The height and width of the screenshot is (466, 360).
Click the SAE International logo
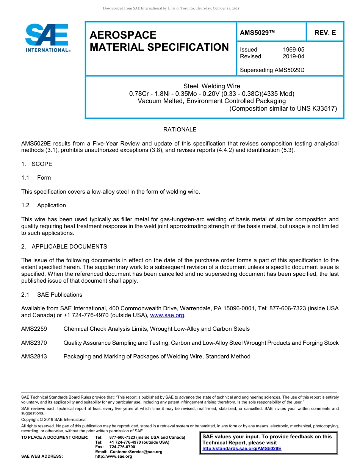coord(47,38)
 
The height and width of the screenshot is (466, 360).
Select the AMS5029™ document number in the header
coord(257,33)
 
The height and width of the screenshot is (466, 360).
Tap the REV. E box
coord(325,33)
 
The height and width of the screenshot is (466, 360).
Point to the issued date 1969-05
coord(293,50)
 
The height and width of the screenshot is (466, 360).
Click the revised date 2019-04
coord(293,56)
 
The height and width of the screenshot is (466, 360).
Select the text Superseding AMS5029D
coord(272,70)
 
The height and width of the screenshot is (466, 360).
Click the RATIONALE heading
coord(180,130)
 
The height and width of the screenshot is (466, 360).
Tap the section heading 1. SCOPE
coord(37,164)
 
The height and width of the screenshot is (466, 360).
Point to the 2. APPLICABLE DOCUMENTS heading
coord(64,247)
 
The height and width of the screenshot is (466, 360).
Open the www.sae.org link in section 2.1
coord(167,315)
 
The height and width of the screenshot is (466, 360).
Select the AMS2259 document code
coord(34,329)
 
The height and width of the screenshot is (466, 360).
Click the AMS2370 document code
coord(34,343)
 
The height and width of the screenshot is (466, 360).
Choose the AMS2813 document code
coord(34,357)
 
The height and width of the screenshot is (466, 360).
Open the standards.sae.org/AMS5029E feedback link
coord(242,449)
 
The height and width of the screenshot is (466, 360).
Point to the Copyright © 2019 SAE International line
coord(54,419)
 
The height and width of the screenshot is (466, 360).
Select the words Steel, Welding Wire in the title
coord(211,86)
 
